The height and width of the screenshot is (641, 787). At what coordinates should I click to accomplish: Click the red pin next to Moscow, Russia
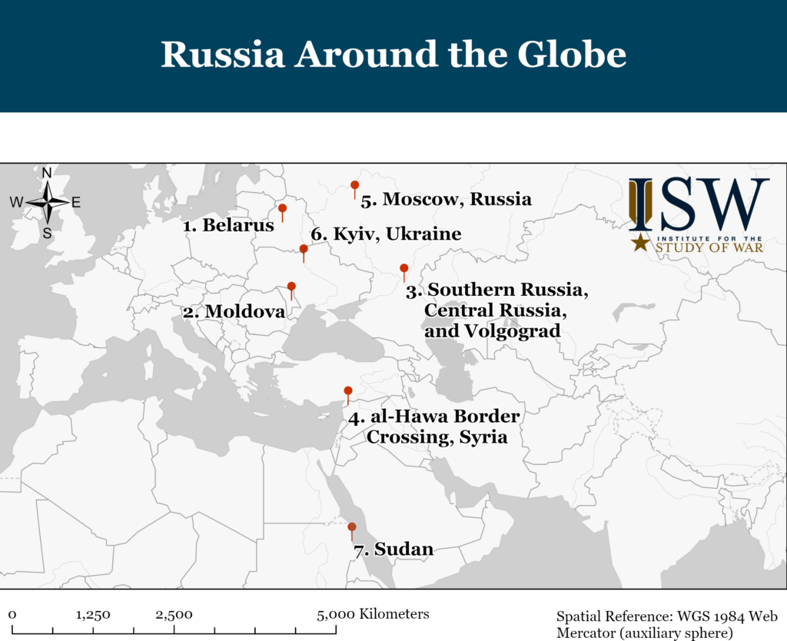(354, 185)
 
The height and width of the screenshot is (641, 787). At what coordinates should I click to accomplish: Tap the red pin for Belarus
(282, 208)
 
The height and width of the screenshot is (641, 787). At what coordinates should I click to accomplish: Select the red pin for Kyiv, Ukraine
(304, 249)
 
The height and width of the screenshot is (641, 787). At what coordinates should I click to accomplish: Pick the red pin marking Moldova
(291, 287)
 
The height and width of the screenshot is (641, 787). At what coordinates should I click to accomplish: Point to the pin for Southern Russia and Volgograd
(404, 268)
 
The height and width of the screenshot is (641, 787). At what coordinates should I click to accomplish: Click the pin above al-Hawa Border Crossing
(348, 391)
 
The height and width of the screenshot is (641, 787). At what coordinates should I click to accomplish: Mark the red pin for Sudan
(352, 527)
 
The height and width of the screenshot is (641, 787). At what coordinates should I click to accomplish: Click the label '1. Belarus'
(228, 226)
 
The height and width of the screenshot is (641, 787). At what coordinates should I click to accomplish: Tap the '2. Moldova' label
(234, 312)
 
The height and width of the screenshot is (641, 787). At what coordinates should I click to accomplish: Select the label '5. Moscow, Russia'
(446, 200)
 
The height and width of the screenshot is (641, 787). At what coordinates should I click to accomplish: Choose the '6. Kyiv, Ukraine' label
(386, 234)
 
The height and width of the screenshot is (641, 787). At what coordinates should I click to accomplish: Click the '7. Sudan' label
(393, 550)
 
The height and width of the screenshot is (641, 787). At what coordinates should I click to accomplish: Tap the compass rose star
(48, 202)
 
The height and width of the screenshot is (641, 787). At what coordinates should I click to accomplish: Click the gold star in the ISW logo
(639, 243)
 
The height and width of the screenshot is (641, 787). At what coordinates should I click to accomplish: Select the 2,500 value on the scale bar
(174, 615)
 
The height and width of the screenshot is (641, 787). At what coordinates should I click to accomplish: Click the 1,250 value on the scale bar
(93, 615)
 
